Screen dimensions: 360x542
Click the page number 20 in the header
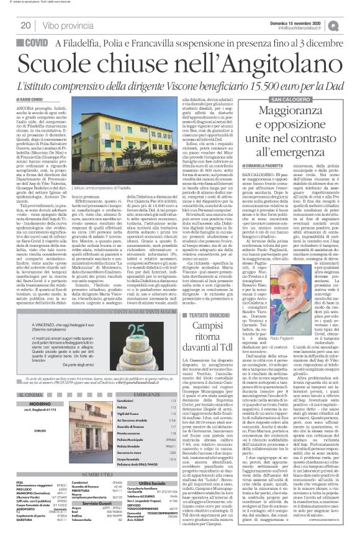pyautogui.click(x=25, y=25)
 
